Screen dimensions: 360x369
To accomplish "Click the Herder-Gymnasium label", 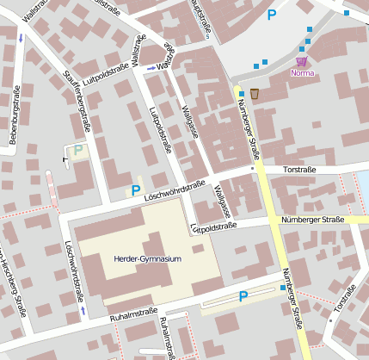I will pyautogui.click(x=147, y=258).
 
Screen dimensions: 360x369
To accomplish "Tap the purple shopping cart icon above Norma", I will pyautogui.click(x=301, y=61).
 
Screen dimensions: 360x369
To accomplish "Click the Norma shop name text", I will pyautogui.click(x=304, y=73).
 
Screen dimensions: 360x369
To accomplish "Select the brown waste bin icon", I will pyautogui.click(x=255, y=92).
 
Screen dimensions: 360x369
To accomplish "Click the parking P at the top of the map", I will pyautogui.click(x=273, y=15).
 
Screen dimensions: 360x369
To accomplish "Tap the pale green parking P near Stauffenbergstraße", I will pyautogui.click(x=79, y=150).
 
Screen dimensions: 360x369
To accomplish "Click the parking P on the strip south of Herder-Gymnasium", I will pyautogui.click(x=243, y=296).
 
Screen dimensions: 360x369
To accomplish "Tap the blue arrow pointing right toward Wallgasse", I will pyautogui.click(x=151, y=67).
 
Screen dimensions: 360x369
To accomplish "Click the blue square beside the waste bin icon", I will pyautogui.click(x=242, y=93).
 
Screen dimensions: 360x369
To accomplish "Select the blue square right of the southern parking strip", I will pyautogui.click(x=283, y=289).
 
